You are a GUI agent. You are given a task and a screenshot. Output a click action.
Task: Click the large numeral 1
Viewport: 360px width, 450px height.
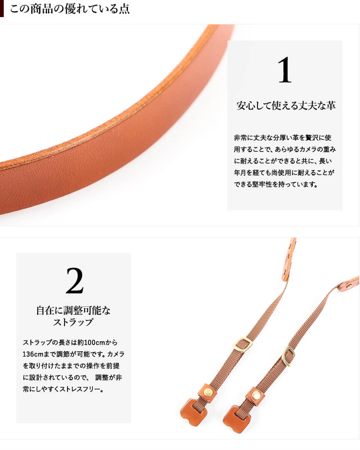[285, 70]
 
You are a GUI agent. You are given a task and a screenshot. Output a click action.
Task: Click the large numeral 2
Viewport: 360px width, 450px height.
[75, 281]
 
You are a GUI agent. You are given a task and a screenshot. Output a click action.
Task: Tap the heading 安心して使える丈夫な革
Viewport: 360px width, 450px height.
[286, 106]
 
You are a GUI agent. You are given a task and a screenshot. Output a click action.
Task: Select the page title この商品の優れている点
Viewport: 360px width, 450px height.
[70, 9]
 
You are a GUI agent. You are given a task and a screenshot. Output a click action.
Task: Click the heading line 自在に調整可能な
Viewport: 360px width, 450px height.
[73, 311]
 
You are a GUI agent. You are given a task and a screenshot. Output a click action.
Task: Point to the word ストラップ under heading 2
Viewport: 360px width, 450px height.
[73, 322]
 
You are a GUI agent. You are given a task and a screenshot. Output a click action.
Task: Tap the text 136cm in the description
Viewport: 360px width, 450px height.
[33, 354]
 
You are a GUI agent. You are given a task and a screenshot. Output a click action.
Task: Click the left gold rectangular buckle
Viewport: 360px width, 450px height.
[243, 344]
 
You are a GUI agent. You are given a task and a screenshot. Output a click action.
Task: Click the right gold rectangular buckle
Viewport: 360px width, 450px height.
[288, 356]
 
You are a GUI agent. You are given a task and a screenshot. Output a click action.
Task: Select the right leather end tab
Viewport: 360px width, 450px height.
[236, 419]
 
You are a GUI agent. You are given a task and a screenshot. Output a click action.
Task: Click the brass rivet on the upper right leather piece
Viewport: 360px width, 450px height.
[349, 286]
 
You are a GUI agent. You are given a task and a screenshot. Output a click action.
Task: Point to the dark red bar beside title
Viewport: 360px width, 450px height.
[2, 9]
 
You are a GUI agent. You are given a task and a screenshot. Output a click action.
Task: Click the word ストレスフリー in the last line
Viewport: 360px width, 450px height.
[80, 390]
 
